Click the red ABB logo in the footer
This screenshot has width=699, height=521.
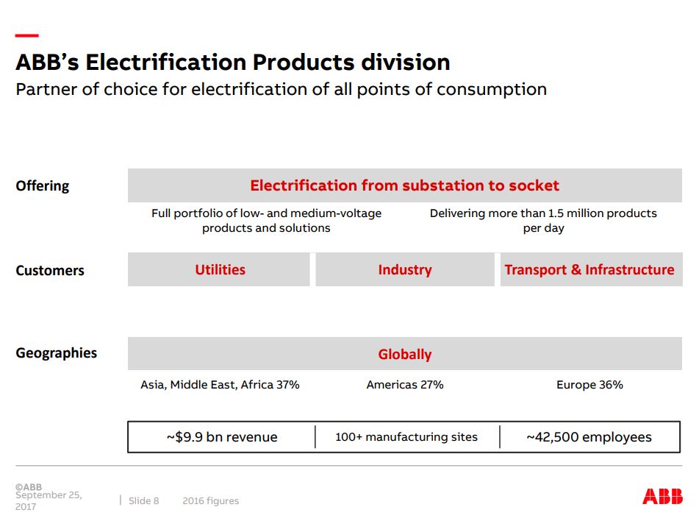point(662,496)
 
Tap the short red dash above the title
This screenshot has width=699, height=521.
point(26,35)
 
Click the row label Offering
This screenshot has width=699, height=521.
point(43,186)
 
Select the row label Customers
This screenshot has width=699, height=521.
point(50,270)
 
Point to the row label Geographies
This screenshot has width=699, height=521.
point(57,353)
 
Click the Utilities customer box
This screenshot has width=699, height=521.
point(220,269)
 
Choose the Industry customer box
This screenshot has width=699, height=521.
point(404,269)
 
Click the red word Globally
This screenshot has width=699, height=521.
point(404,354)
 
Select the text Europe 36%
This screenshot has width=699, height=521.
point(589,385)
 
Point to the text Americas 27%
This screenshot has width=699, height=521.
point(404,385)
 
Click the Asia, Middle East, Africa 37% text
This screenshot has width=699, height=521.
point(220,385)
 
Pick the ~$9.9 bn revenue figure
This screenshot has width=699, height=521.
point(222,437)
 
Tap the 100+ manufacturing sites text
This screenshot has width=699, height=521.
point(406,437)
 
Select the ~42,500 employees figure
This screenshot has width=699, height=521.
point(589,437)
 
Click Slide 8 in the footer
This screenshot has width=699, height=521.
point(144,501)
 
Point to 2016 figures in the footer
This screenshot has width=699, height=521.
point(211,501)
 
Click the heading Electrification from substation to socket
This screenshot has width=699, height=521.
point(404,185)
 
